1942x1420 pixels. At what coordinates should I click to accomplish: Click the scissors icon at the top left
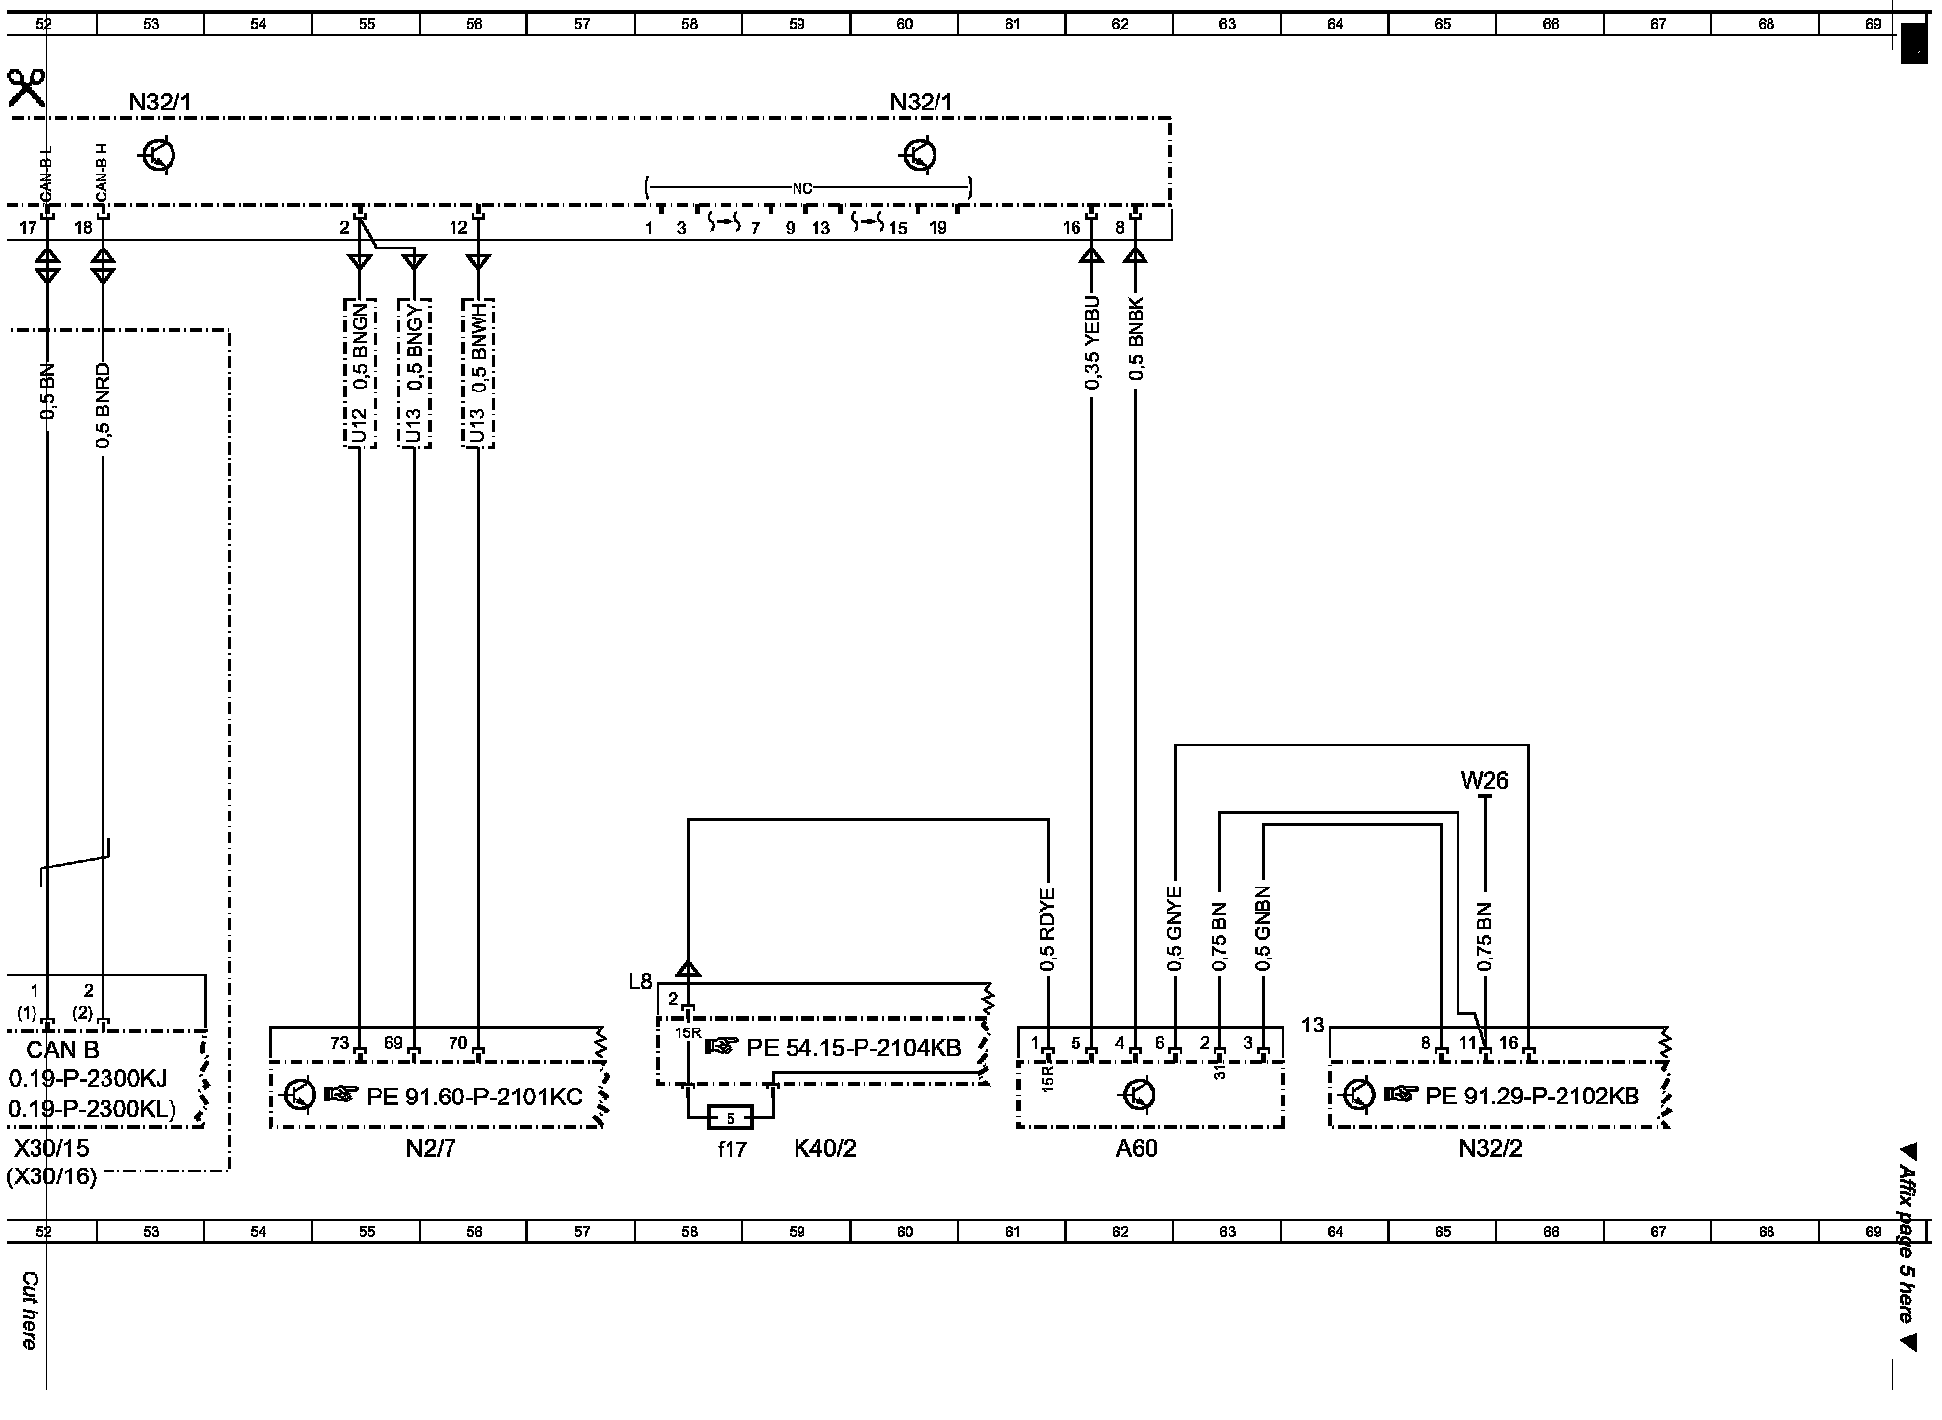(x=26, y=88)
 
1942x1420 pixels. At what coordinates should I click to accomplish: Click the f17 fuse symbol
(x=730, y=1117)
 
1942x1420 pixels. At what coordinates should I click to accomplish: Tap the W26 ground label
(x=1484, y=781)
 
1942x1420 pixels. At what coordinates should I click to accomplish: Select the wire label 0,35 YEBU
(x=1092, y=341)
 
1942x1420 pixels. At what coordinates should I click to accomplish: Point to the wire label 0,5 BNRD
(x=104, y=406)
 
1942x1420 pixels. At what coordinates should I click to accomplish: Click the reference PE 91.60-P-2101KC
(x=474, y=1096)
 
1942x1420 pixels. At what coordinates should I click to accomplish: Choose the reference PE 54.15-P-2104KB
(x=854, y=1047)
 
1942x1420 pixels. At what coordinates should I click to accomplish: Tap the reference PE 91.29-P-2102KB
(x=1532, y=1096)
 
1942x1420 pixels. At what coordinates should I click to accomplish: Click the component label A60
(x=1137, y=1149)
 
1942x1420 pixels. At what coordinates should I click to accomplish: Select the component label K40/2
(x=825, y=1149)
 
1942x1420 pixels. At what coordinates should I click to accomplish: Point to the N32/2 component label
(x=1491, y=1149)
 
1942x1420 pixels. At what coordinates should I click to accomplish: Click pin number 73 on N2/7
(x=339, y=1043)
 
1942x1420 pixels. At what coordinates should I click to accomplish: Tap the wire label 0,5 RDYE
(x=1048, y=930)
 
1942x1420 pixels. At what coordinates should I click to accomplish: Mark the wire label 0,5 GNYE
(x=1174, y=930)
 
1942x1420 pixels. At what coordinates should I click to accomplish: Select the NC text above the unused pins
(x=801, y=187)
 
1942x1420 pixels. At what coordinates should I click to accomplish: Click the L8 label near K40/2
(x=640, y=981)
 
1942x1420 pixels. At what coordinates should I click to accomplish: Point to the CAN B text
(x=63, y=1051)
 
